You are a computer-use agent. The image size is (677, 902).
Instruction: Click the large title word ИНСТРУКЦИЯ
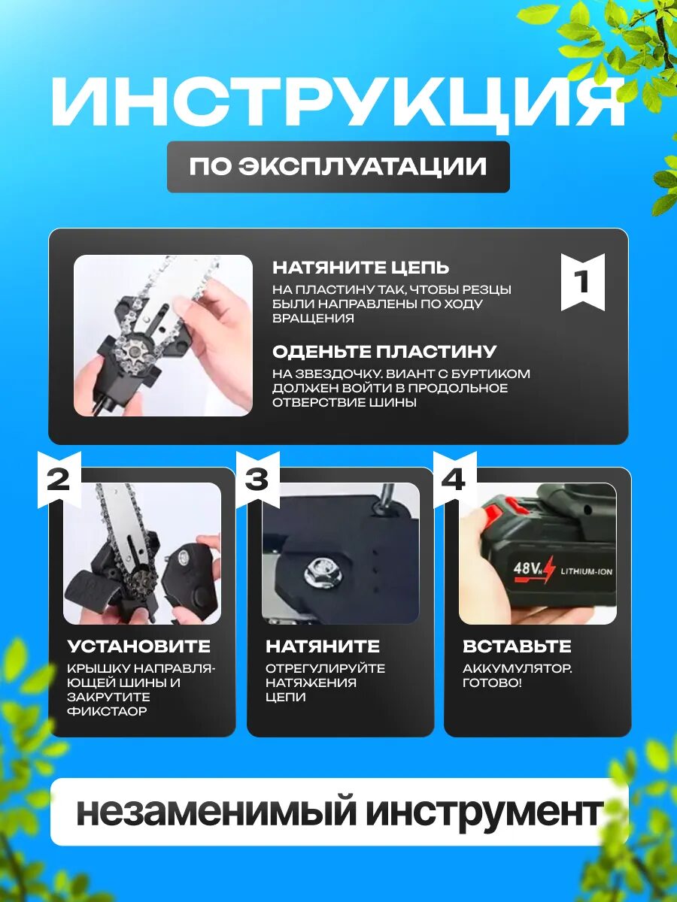[x=338, y=103]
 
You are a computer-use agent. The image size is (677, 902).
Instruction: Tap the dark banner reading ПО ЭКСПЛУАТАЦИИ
[x=338, y=167]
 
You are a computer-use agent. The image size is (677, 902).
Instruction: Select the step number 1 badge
[x=583, y=282]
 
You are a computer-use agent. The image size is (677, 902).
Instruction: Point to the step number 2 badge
[x=59, y=480]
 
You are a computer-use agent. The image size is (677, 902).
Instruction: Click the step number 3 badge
[x=258, y=480]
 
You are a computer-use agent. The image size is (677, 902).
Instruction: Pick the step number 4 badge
[x=455, y=480]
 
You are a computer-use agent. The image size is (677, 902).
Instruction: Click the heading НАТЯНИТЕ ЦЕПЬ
[x=361, y=268]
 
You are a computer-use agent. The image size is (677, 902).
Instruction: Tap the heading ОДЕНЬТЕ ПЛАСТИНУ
[x=384, y=352]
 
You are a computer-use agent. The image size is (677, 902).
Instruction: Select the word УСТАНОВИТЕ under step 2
[x=139, y=646]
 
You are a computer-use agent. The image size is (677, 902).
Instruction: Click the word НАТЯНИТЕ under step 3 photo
[x=323, y=646]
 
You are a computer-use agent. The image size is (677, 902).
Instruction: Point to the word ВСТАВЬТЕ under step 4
[x=517, y=646]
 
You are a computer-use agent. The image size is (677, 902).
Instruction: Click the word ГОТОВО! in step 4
[x=493, y=683]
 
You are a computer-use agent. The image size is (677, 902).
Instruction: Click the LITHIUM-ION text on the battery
[x=587, y=571]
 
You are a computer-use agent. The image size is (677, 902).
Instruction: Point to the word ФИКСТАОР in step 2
[x=107, y=711]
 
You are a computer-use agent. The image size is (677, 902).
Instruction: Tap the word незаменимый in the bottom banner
[x=215, y=813]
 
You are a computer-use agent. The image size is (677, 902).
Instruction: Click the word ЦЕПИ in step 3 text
[x=286, y=698]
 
